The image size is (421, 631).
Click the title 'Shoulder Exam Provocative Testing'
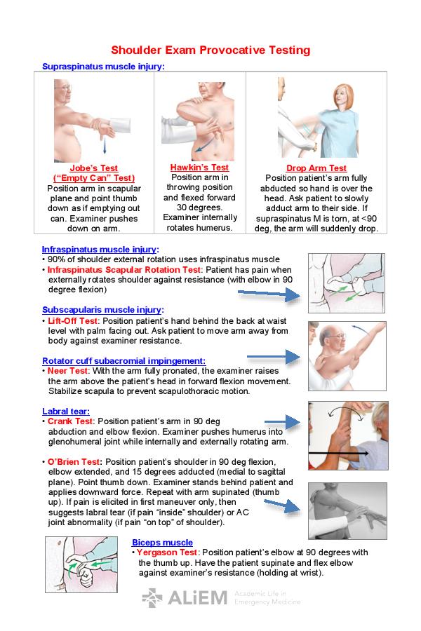(210, 50)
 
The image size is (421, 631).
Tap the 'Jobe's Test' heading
(93, 168)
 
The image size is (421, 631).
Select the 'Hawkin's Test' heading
(199, 168)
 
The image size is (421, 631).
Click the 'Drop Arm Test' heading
(316, 168)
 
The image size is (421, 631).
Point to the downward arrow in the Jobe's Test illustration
(105, 145)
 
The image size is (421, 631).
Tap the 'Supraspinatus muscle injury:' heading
(104, 67)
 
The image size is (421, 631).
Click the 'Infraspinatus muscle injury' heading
(99, 250)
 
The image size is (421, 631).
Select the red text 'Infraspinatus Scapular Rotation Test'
(123, 270)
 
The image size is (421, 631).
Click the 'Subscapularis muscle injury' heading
(102, 310)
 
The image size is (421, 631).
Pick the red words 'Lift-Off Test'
(72, 321)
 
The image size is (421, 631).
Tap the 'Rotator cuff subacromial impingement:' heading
(123, 361)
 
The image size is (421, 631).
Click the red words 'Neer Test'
(67, 371)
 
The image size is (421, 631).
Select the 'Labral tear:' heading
(66, 412)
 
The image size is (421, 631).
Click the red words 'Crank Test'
(70, 421)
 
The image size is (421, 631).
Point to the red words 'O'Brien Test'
(73, 462)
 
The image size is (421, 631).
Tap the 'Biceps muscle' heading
(162, 543)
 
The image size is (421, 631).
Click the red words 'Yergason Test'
(166, 552)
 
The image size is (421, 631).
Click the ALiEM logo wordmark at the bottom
(198, 598)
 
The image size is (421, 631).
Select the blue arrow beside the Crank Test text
(282, 422)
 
